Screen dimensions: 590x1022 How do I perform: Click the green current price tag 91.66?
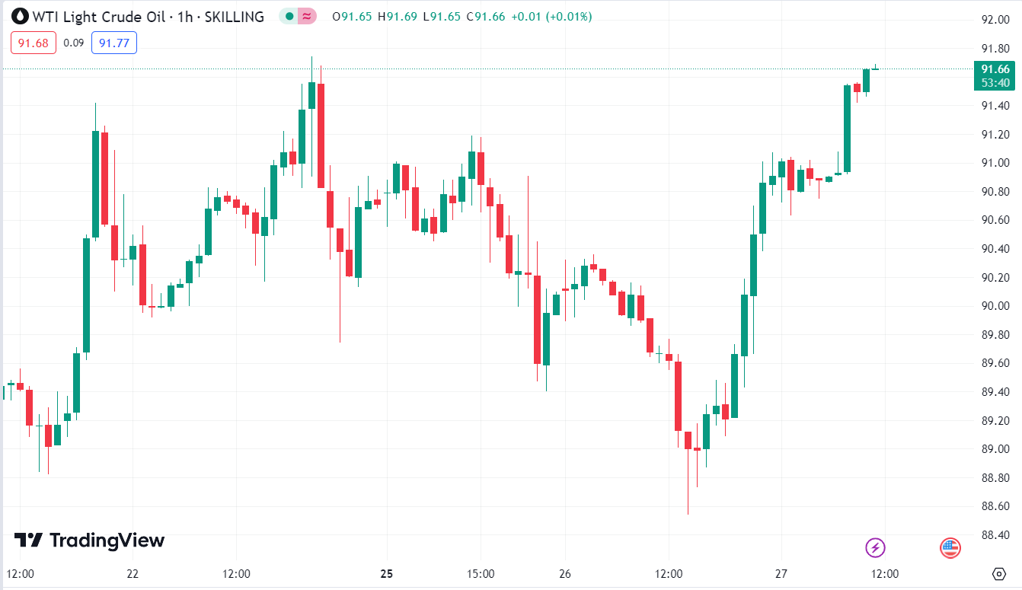click(995, 69)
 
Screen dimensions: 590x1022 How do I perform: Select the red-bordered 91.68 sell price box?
click(34, 43)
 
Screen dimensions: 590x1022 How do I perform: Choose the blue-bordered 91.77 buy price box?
click(113, 43)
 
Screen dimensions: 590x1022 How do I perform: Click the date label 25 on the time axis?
click(387, 573)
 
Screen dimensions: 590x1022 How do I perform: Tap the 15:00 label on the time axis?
click(481, 573)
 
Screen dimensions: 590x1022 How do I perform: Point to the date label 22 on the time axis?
click(133, 573)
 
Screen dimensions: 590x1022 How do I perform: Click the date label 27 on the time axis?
click(781, 573)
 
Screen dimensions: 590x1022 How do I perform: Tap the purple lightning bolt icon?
click(876, 547)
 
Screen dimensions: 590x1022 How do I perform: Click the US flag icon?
click(950, 547)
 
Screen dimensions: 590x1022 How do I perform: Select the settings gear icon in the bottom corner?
click(999, 573)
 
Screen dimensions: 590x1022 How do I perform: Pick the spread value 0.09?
click(74, 43)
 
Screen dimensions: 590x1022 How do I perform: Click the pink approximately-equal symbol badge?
click(308, 16)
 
